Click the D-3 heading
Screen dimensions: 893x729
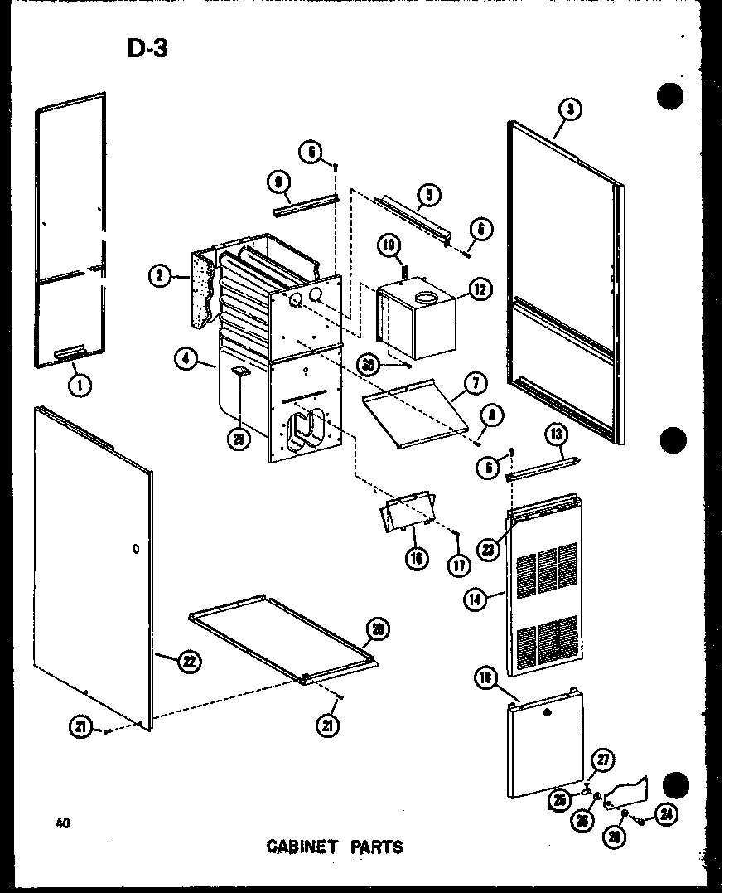pos(147,49)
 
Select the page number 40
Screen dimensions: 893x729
pos(63,823)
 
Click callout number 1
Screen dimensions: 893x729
pos(80,384)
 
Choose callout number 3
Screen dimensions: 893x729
pos(571,108)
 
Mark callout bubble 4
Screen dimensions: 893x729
pos(186,359)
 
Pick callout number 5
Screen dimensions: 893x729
pos(429,195)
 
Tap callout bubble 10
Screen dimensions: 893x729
pos(389,245)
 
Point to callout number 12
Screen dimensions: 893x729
pos(479,289)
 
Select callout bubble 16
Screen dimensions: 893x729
pos(417,558)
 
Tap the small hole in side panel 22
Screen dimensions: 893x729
pos(134,549)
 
